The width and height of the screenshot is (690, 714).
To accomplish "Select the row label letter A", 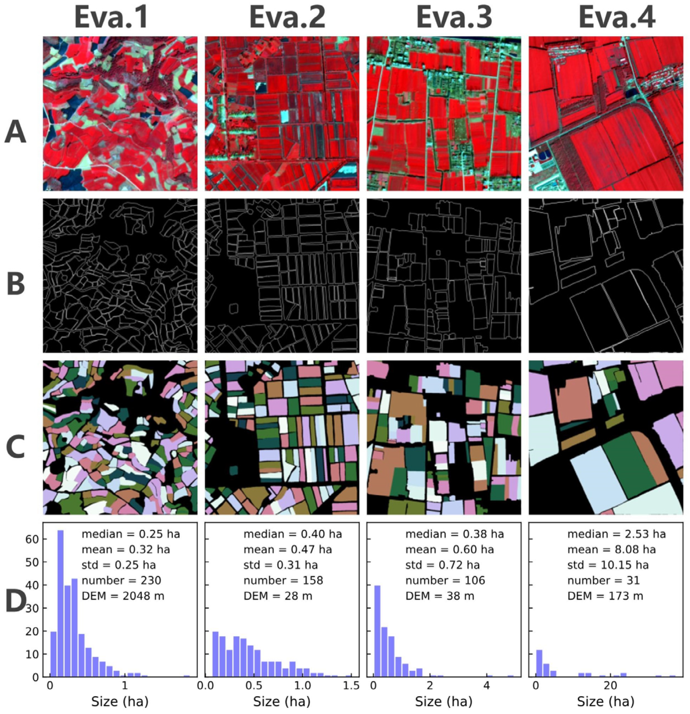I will click(15, 132).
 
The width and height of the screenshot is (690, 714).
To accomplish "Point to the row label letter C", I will click(15, 446).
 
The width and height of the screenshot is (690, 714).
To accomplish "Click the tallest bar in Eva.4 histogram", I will click(539, 663).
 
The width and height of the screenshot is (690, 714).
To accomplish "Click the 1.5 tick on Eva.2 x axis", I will click(351, 686).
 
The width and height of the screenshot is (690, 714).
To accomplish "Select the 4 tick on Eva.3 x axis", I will click(487, 686).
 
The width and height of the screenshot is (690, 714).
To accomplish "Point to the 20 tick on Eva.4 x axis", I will click(610, 686).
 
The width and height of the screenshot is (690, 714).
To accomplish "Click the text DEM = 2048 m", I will click(123, 596).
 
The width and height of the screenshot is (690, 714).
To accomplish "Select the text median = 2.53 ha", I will click(616, 534).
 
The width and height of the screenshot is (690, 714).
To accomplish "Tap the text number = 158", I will click(283, 581).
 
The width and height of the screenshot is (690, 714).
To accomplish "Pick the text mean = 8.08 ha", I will click(611, 550).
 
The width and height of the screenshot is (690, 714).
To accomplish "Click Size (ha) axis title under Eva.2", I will click(281, 702).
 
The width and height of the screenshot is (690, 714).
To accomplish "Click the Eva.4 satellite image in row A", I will click(606, 113).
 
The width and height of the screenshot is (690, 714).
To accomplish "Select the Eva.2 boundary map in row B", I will click(282, 276).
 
